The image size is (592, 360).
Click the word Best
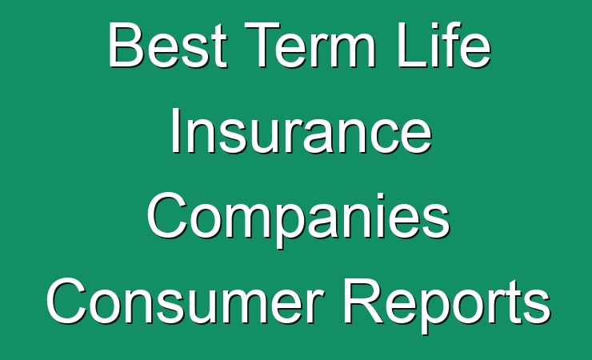click(x=168, y=45)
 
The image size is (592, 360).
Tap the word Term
click(x=310, y=45)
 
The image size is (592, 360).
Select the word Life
click(x=443, y=45)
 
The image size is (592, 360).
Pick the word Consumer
click(x=185, y=301)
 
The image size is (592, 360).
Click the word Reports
click(x=446, y=305)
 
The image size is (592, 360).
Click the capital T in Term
click(x=262, y=45)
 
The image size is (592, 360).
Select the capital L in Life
click(x=412, y=45)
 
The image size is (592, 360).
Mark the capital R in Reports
click(x=362, y=301)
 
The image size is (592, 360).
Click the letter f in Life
click(x=447, y=45)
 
